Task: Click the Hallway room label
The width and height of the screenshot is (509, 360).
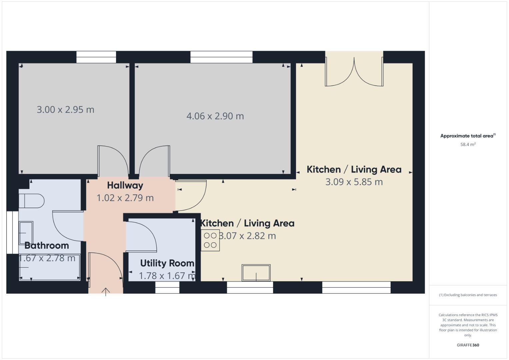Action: [x=125, y=185]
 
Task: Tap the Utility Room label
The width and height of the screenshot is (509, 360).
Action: [x=167, y=263]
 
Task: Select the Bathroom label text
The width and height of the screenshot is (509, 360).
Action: [x=47, y=246]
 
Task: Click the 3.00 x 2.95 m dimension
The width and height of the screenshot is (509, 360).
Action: [x=65, y=110]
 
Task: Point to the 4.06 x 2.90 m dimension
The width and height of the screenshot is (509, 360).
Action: [x=215, y=116]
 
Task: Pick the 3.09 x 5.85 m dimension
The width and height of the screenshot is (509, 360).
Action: [x=354, y=182]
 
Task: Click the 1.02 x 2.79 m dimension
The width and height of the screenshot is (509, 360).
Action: [x=125, y=198]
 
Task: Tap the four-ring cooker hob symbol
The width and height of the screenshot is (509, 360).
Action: [x=210, y=240]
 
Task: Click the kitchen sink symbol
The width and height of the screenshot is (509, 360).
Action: [x=256, y=273]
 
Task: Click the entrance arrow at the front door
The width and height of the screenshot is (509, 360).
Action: [x=106, y=292]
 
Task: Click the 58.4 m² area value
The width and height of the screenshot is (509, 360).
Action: [x=468, y=145]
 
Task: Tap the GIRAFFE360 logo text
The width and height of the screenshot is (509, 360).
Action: [x=468, y=345]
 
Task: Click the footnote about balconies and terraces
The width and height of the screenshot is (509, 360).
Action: [x=468, y=295]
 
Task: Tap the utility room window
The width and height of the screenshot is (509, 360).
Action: [x=167, y=287]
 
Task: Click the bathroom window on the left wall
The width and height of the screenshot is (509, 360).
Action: [x=13, y=232]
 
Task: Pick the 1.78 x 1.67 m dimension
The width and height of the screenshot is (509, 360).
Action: [x=167, y=276]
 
